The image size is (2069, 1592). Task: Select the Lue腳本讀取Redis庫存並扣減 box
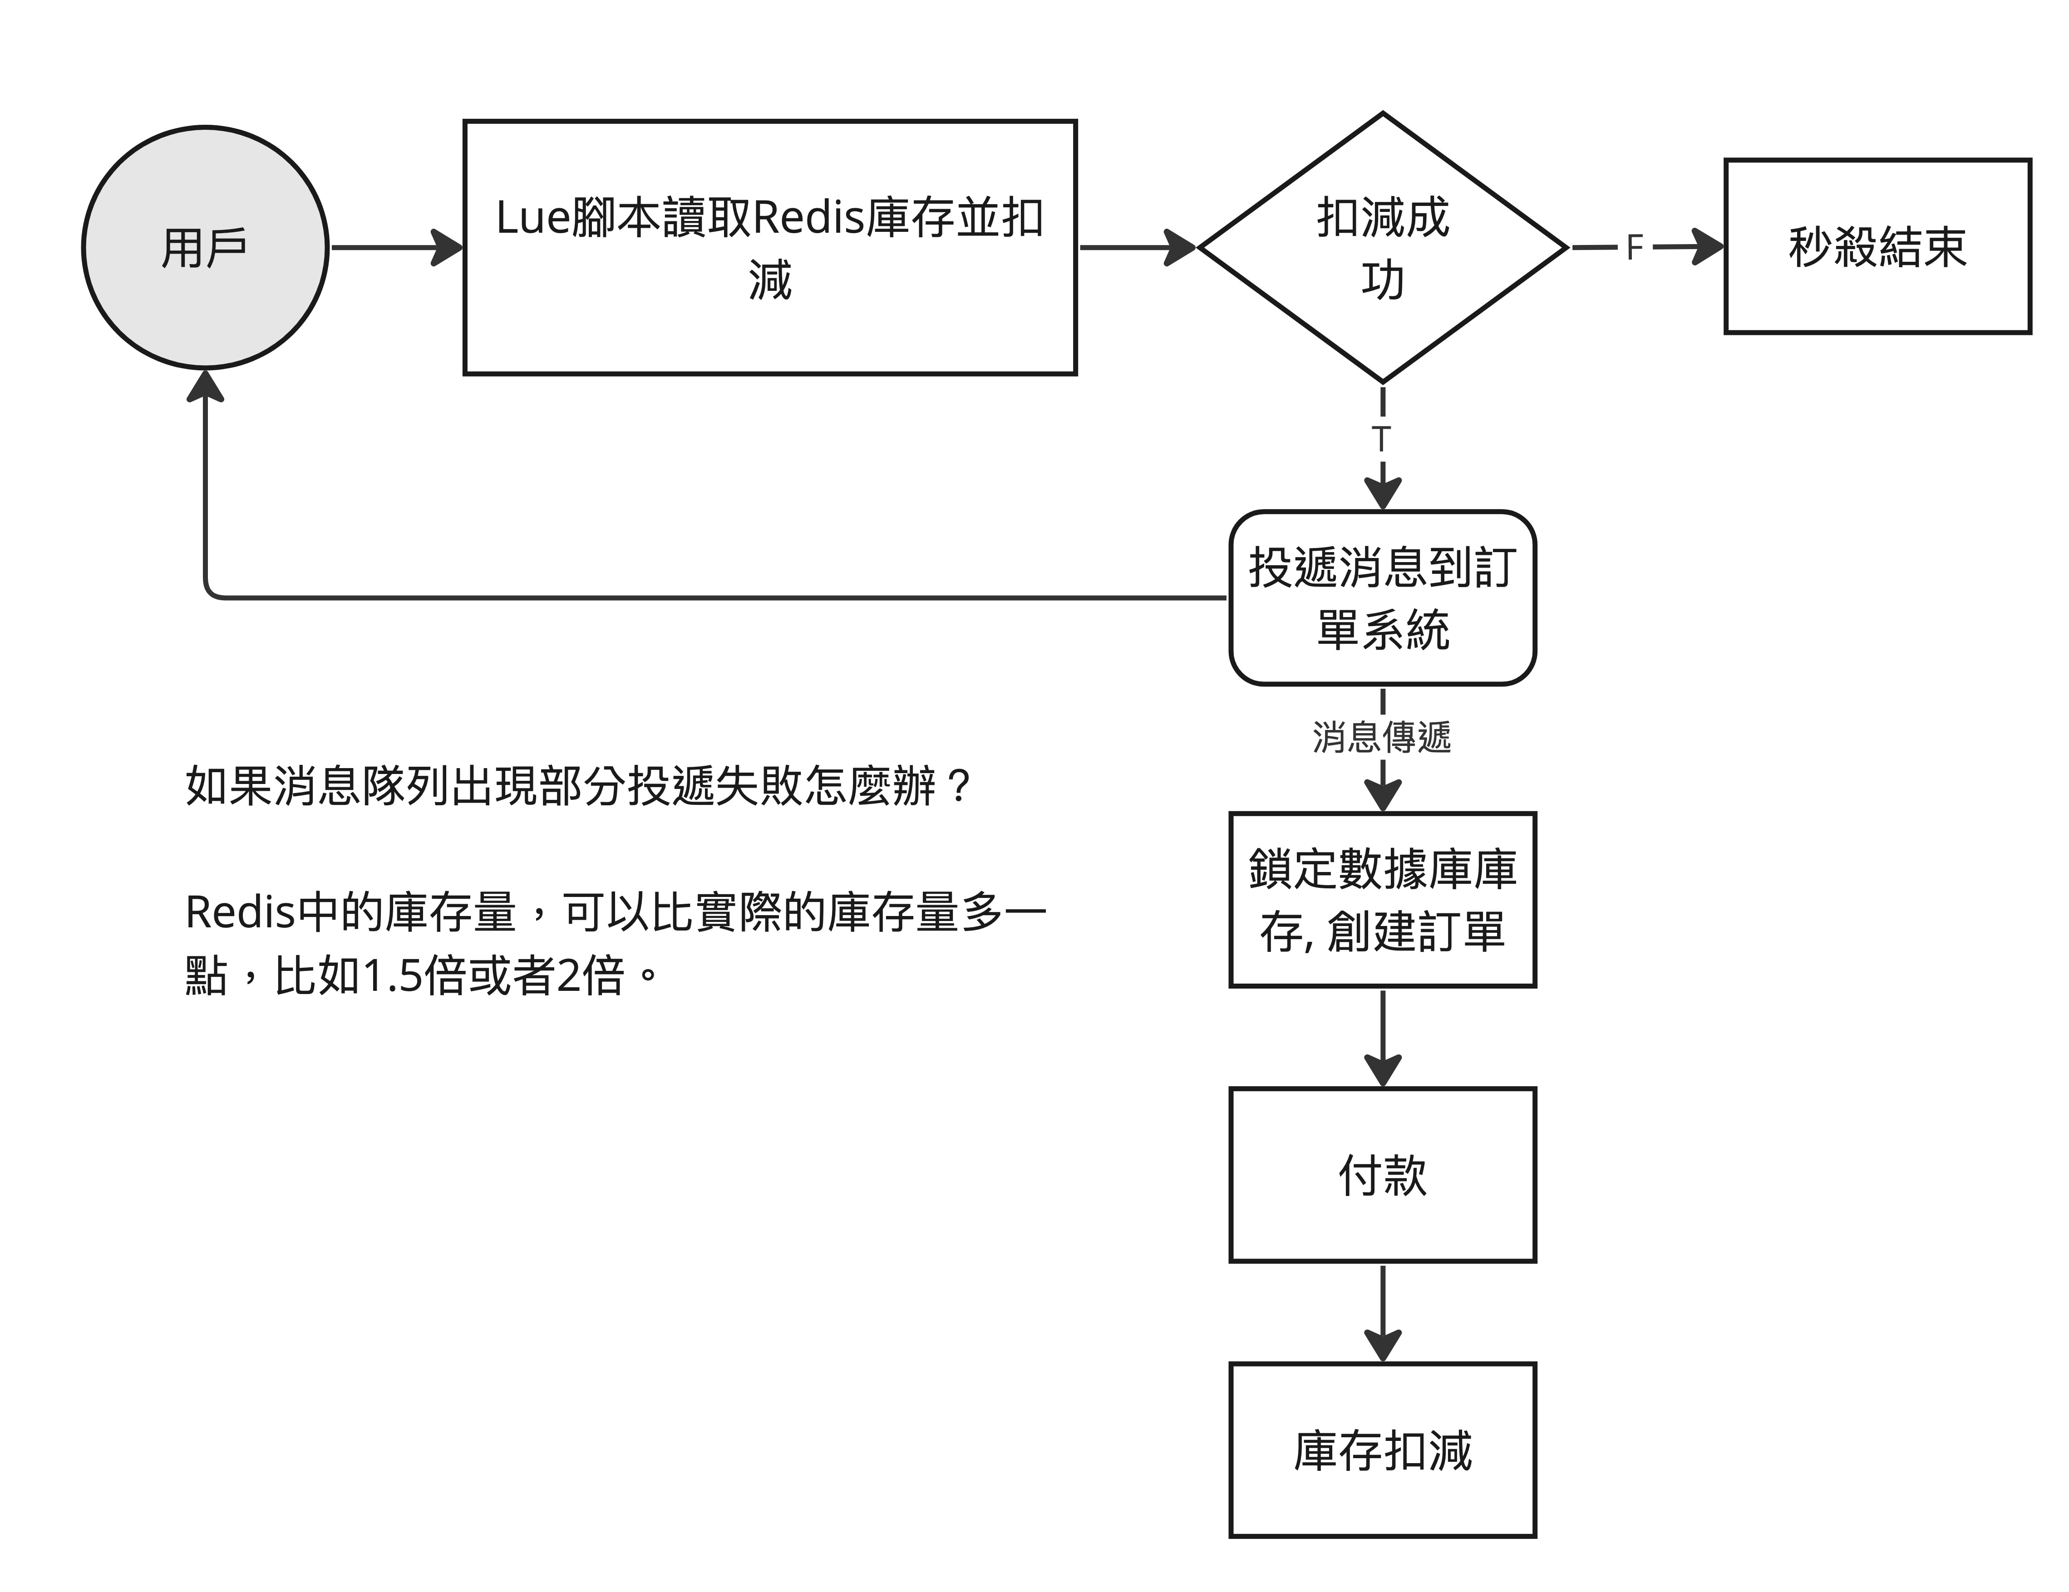pos(770,247)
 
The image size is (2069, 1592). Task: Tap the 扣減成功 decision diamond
pos(1383,247)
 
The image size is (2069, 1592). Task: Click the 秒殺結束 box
pos(1877,246)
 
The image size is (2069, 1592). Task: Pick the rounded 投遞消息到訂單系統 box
pos(1383,598)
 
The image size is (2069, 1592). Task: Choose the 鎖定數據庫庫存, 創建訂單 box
pos(1383,900)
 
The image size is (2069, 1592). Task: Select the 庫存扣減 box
pos(1383,1450)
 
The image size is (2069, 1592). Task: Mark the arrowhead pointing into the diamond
pos(1180,247)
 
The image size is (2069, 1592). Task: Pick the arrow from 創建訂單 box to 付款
pos(1383,1038)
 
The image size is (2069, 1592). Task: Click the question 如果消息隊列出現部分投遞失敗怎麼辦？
pos(579,785)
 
